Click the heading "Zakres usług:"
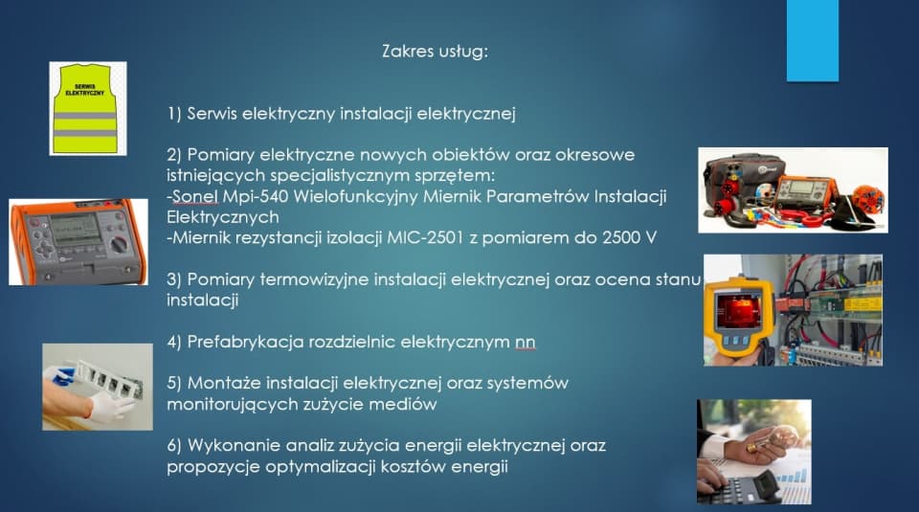coord(435,52)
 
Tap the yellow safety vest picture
coord(88,108)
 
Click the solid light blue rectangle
coord(813,40)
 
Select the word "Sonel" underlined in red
coord(195,196)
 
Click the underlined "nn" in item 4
coord(526,342)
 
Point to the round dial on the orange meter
coord(119,244)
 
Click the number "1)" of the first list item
coord(174,114)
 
